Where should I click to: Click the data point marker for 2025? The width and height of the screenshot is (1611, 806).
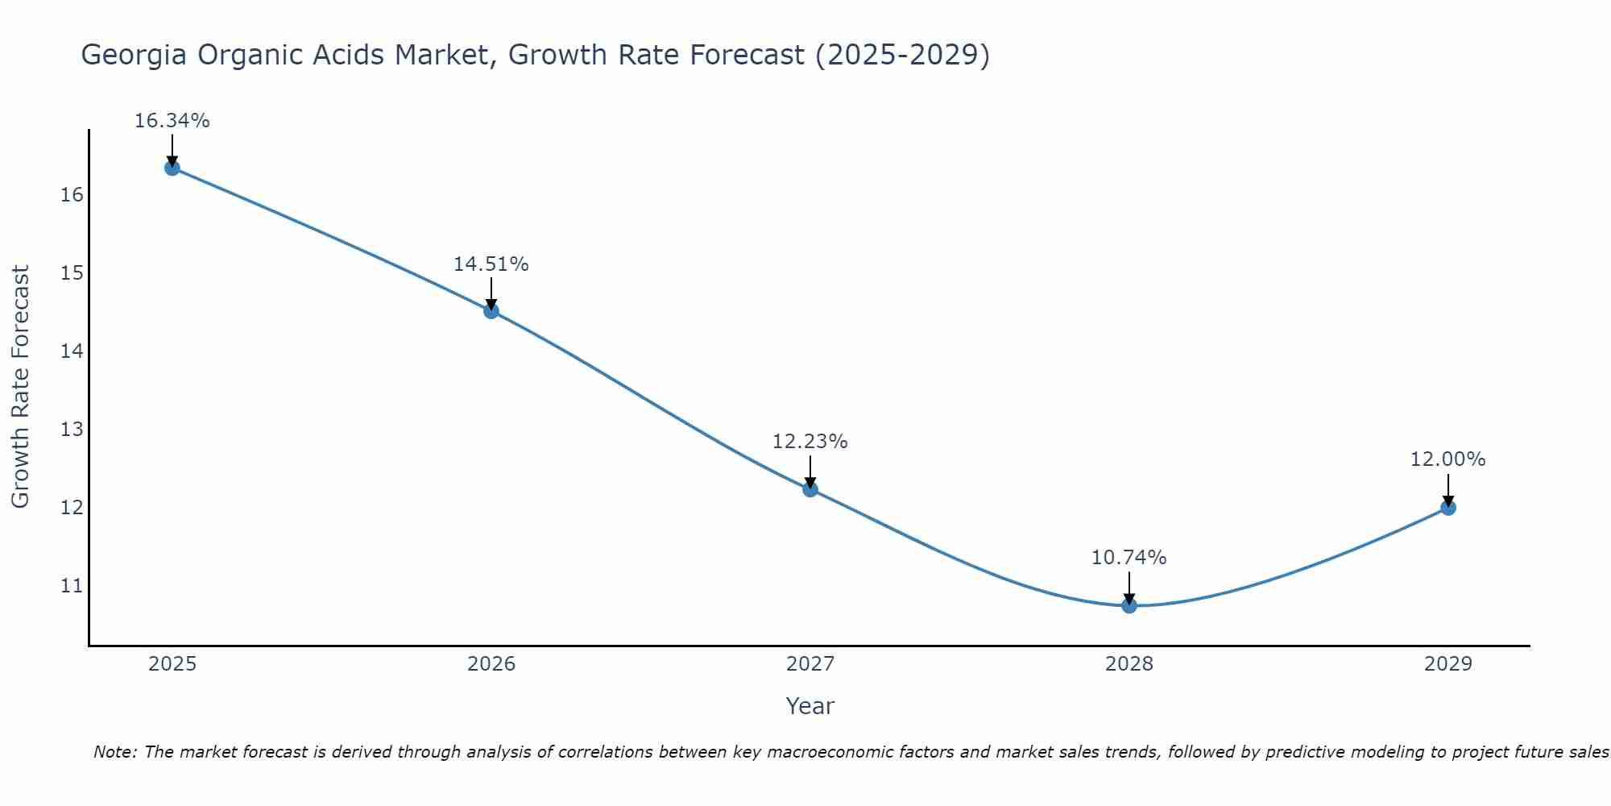[172, 168]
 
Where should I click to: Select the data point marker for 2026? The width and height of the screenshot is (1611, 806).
[491, 311]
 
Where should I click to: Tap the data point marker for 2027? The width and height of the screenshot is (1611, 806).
[810, 489]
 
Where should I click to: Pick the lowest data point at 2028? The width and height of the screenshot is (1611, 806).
[1129, 605]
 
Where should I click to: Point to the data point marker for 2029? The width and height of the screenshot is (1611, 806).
[1447, 508]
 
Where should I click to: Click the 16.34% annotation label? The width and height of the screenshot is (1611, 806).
[172, 121]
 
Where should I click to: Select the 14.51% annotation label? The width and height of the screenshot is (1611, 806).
[491, 264]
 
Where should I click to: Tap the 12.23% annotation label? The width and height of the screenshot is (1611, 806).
[810, 442]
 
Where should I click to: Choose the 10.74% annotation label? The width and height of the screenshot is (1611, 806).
[1129, 558]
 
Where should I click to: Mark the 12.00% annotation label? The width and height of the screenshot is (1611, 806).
[1447, 459]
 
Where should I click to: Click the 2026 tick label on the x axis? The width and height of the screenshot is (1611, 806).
[491, 664]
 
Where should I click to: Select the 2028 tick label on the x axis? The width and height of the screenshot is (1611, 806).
[1129, 664]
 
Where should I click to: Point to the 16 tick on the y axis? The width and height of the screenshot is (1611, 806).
[72, 195]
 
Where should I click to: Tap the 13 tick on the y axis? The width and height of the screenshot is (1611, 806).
[72, 430]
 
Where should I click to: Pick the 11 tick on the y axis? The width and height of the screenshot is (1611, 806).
[72, 586]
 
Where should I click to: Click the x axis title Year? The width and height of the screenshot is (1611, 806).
[810, 706]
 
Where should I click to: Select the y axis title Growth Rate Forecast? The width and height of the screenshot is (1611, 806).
[20, 387]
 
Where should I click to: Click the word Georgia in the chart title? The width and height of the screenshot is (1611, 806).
[134, 55]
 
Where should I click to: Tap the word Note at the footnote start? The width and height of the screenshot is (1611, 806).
[115, 752]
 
